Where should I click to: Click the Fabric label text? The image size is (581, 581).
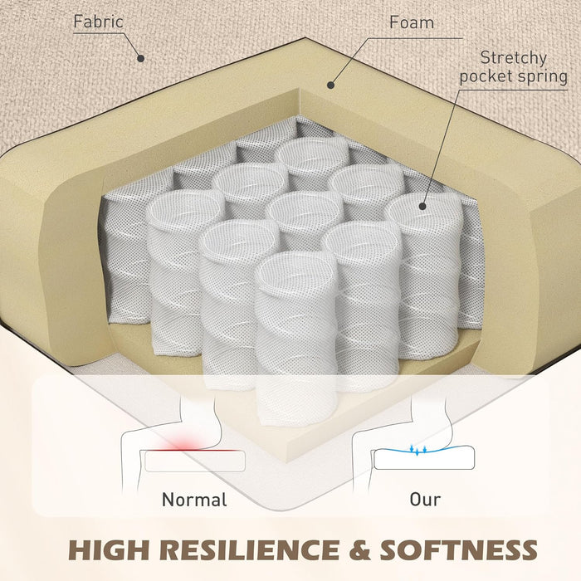98,22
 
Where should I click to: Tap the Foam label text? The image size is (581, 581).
412,22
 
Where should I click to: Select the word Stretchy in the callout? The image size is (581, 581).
514,58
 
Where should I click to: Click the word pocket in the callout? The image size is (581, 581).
486,76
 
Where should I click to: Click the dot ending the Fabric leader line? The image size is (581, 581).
140,58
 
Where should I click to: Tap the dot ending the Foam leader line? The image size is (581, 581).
331,85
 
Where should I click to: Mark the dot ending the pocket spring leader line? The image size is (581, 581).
422,207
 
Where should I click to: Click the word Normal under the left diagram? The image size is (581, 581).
194,500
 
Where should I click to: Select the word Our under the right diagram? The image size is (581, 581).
425,500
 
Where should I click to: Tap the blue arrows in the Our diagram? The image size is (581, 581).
418,450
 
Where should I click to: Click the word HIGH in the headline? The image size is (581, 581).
108,549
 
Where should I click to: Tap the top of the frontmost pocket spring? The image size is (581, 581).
296,271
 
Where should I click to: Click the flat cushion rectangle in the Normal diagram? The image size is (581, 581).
195,461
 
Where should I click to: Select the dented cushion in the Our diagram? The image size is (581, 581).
424,458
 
